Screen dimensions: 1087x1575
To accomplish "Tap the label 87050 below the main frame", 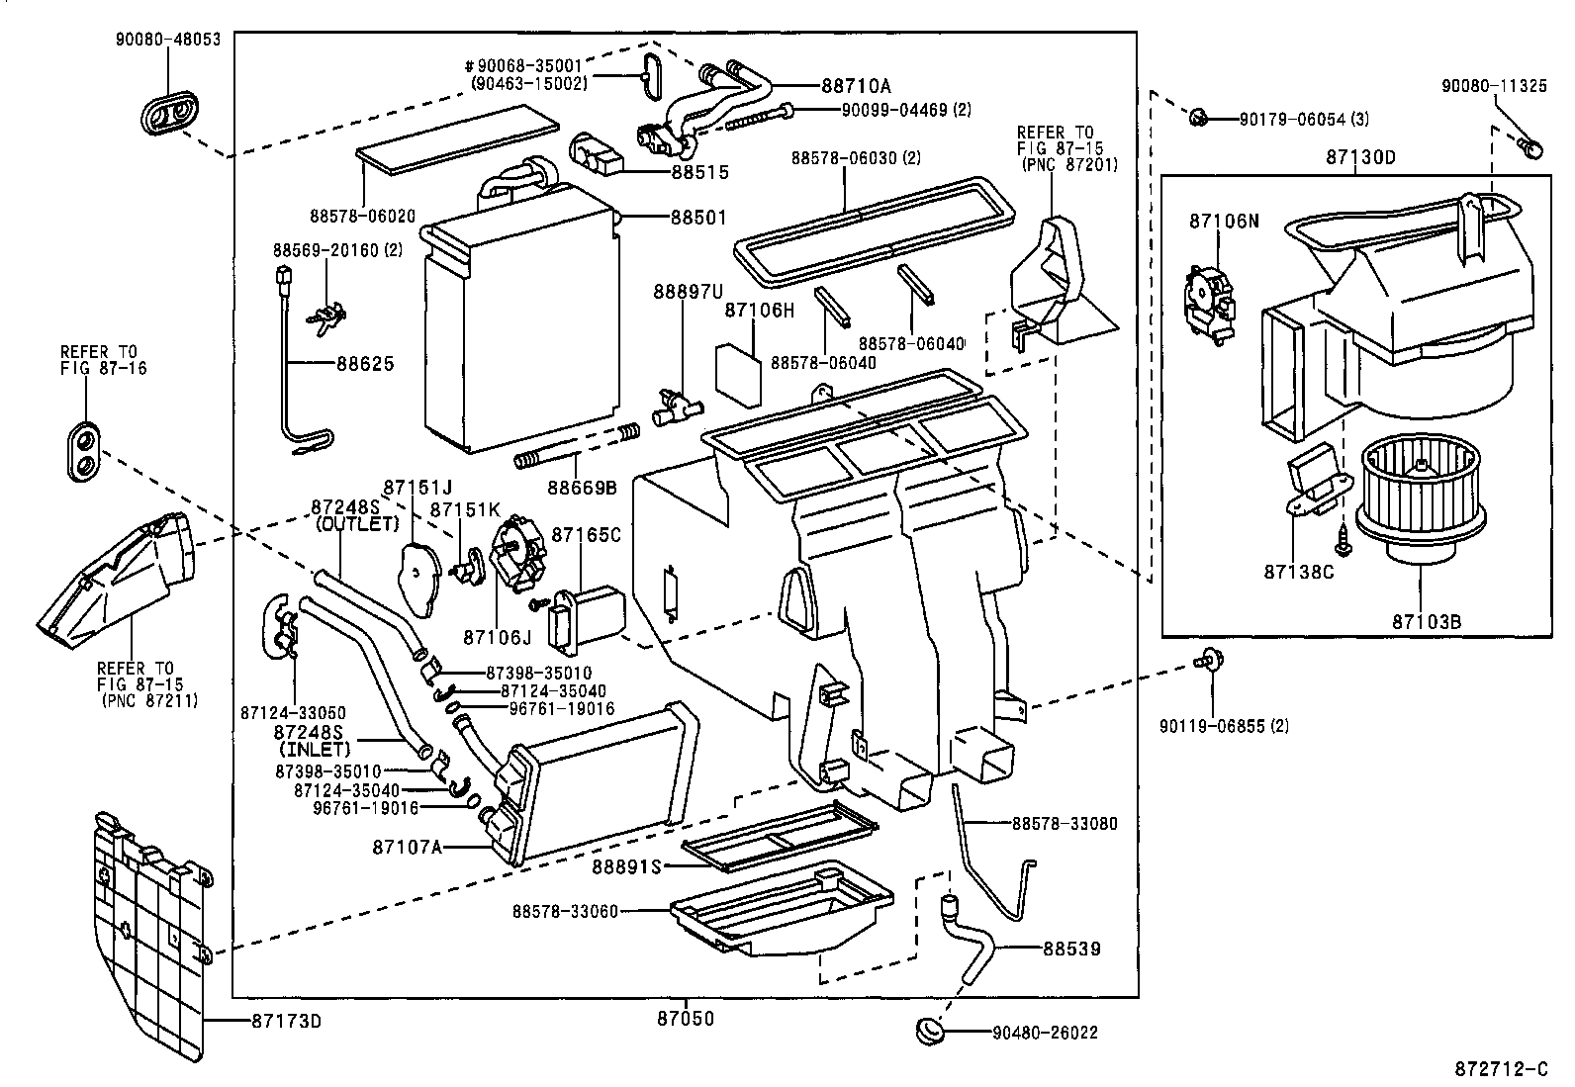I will point(685,1018).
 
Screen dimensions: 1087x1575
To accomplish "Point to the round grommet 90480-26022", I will point(929,1031).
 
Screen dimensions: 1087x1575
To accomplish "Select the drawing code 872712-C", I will point(1500,1068).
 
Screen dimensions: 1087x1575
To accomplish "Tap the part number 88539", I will point(1070,949).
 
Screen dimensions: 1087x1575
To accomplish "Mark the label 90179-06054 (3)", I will point(1304,119).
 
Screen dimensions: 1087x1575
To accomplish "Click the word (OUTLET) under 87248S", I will point(357,524).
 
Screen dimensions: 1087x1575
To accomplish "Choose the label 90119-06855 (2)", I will point(1225,725).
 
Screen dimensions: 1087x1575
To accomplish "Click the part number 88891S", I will point(626,866).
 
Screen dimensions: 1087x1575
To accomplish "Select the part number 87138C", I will point(1299,572).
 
